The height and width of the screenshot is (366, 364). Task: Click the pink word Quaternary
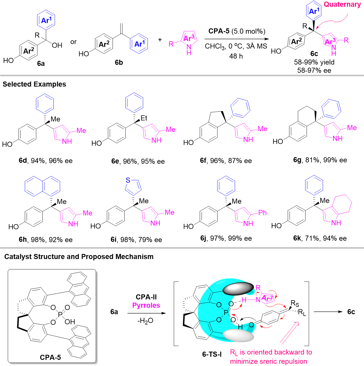coord(342,5)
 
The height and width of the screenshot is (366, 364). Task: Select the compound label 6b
coord(119,63)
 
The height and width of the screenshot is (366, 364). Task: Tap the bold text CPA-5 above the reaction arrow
coord(219,31)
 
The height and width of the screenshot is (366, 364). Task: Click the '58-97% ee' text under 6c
coord(314,70)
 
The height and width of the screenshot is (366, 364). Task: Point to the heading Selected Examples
coord(34,84)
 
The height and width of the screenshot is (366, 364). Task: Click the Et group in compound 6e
coord(144,118)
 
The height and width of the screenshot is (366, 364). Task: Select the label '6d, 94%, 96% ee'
coord(46,161)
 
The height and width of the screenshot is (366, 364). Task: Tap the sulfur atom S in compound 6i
coord(128,180)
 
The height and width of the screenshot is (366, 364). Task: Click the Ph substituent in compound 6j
coord(262,213)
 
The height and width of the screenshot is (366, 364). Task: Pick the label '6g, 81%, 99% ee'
coord(320,160)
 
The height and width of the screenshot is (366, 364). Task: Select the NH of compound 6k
coord(336,223)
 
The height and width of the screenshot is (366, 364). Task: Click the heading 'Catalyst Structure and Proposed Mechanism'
coord(79,257)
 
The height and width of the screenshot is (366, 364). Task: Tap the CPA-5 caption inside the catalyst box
coord(50,357)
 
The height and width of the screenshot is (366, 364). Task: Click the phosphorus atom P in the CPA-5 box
coord(60,315)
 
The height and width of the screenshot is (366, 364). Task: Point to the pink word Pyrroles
coord(146,305)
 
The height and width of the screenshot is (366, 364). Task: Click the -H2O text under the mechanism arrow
coord(145,321)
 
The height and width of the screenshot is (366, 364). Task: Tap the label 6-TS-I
coord(212,354)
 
